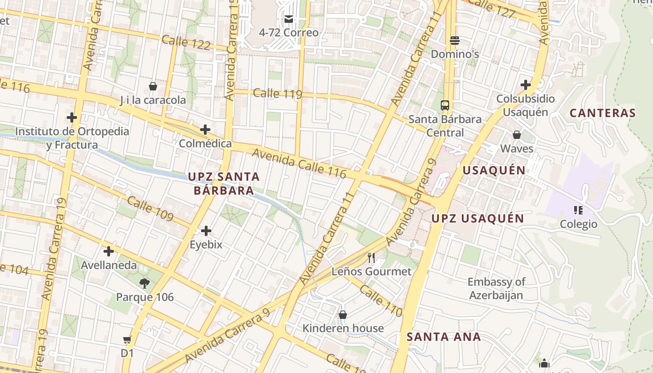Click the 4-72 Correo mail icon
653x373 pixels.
[289, 19]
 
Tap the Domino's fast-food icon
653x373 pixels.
[455, 41]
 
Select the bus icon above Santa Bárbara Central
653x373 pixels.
[445, 105]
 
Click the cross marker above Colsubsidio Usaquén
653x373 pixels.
[526, 85]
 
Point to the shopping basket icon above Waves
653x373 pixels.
[516, 135]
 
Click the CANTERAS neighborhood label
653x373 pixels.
[603, 113]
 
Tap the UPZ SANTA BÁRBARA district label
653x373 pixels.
[223, 183]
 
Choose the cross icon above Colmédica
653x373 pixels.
[205, 130]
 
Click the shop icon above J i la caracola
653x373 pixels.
[153, 86]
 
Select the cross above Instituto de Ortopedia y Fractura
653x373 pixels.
[72, 117]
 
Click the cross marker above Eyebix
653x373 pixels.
[206, 230]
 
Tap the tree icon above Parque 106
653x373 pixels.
[145, 283]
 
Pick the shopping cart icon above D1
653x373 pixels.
[127, 339]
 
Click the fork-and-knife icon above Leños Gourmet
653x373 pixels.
[371, 257]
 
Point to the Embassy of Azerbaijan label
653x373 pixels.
[496, 288]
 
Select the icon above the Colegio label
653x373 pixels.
[578, 210]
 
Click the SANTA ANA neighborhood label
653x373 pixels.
[443, 337]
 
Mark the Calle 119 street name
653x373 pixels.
[277, 94]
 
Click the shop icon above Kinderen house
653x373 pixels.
[343, 315]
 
